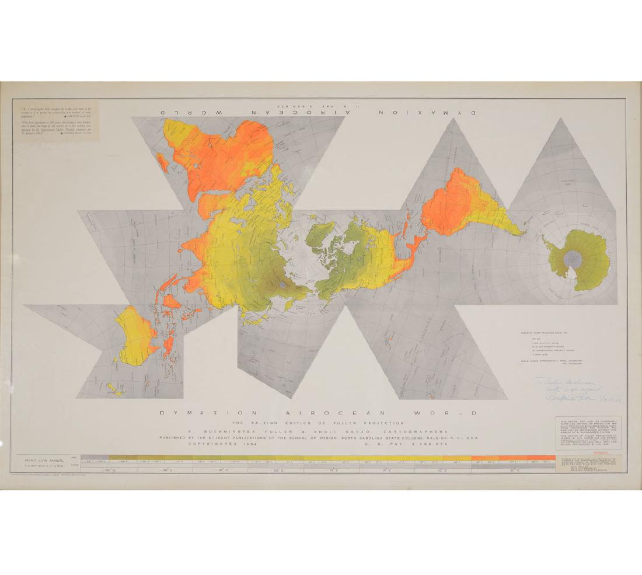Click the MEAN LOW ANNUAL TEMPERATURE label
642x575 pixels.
pos(43,464)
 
